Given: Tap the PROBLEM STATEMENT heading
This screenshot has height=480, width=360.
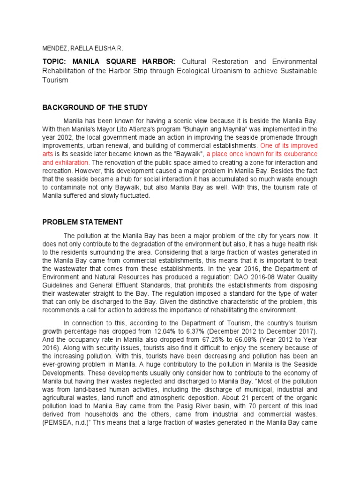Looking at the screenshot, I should [82, 222].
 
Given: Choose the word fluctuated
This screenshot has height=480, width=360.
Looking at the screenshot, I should [133, 196].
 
